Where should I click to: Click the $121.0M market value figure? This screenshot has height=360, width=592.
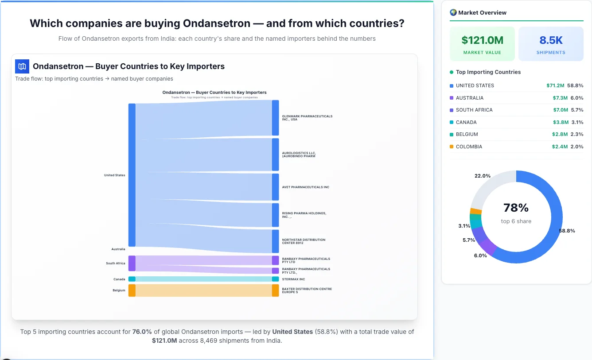click(x=482, y=40)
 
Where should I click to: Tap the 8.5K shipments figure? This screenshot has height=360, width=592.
click(x=551, y=40)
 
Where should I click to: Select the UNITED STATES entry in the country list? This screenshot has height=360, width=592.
click(x=475, y=85)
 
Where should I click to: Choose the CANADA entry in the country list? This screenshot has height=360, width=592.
click(x=466, y=122)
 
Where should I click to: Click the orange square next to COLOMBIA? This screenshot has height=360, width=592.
click(x=452, y=147)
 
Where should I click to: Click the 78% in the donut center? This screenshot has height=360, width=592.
click(x=516, y=208)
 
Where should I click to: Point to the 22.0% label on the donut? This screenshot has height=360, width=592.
click(x=483, y=176)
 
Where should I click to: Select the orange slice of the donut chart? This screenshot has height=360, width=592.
click(x=475, y=211)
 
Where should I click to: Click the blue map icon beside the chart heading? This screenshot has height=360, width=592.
click(x=22, y=66)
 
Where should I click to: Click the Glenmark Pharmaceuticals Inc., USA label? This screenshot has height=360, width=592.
click(x=307, y=118)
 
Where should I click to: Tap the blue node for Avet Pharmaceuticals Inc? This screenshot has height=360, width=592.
click(x=275, y=187)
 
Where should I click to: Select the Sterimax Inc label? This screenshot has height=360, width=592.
click(x=293, y=279)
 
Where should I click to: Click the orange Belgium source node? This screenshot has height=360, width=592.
click(x=132, y=290)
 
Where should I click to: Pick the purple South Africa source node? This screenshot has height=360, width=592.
click(x=132, y=263)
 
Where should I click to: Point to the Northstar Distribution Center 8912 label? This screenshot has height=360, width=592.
click(x=304, y=241)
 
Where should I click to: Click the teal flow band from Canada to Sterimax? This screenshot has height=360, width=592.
click(x=204, y=279)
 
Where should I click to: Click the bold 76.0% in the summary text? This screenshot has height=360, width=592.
click(x=142, y=332)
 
